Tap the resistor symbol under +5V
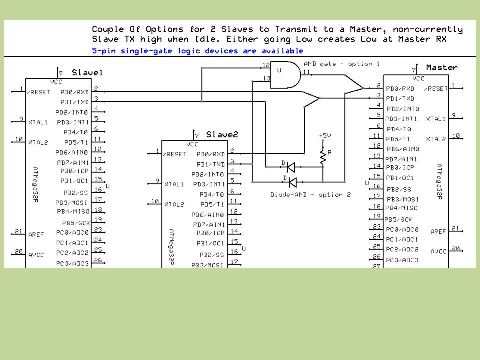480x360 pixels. (322, 157)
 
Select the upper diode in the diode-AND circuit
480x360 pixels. (291, 167)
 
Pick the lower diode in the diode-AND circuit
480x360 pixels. (292, 182)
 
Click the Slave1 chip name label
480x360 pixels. (87, 73)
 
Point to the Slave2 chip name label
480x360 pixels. (222, 134)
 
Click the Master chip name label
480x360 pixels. (442, 67)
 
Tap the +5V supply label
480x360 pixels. (325, 135)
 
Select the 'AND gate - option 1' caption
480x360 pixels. (341, 64)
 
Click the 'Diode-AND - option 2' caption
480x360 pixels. (310, 195)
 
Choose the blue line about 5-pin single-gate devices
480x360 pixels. (198, 51)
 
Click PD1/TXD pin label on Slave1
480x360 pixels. (74, 102)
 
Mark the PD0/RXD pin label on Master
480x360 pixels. (400, 89)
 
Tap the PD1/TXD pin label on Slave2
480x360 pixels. (210, 164)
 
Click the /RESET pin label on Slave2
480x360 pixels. (175, 154)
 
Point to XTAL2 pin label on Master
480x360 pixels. (436, 139)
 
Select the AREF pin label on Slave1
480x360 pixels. (36, 235)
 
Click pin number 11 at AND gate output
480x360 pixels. (306, 72)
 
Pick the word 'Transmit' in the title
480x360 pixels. (296, 29)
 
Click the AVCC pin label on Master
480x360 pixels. (438, 251)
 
